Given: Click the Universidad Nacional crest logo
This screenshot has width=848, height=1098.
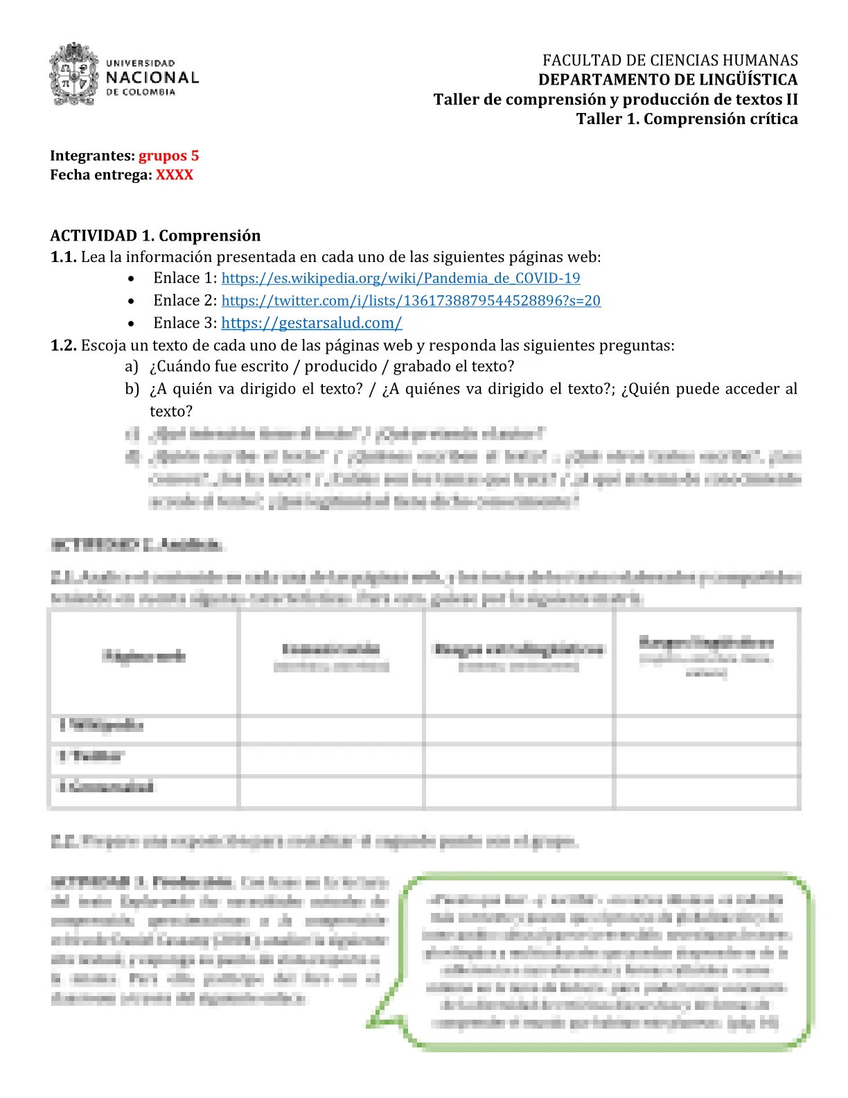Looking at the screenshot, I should [x=73, y=75].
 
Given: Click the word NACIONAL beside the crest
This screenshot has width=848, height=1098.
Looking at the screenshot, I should [x=152, y=78].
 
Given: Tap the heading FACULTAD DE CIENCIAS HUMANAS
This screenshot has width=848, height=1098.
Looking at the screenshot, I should [x=670, y=60].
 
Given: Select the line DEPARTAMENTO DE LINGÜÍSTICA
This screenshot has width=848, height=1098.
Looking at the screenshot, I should [x=668, y=80].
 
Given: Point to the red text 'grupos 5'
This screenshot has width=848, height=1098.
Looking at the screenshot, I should [x=168, y=155].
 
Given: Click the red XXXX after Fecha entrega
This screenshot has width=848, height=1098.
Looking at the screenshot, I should [x=175, y=175].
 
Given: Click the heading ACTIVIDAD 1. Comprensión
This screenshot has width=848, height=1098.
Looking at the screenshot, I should [x=155, y=236].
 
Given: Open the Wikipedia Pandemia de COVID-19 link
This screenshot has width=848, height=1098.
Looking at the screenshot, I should [x=400, y=278].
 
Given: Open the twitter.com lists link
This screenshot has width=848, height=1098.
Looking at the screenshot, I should [x=411, y=300].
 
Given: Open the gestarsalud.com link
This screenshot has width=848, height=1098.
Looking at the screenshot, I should [x=311, y=323].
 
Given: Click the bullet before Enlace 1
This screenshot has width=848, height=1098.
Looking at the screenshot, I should [x=131, y=279].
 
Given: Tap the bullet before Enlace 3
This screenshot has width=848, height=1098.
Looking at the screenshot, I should [x=131, y=324].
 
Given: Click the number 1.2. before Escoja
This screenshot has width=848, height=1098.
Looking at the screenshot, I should [x=63, y=345].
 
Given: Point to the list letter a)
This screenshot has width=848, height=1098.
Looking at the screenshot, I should [x=132, y=366].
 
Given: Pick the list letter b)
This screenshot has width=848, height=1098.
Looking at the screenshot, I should [x=132, y=389].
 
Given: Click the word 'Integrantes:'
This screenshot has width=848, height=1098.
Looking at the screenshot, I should [x=92, y=155].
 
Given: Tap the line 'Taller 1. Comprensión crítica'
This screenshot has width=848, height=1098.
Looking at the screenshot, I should [x=687, y=119].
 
